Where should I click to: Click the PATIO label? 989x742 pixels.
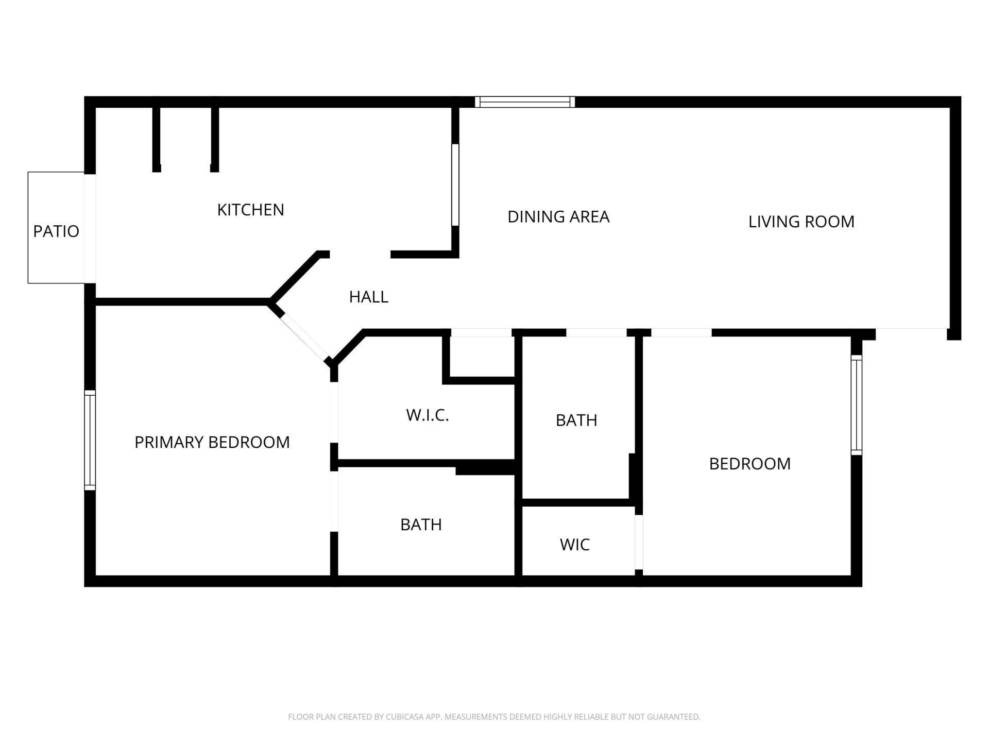click(x=56, y=231)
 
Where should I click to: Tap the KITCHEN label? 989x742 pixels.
click(x=250, y=210)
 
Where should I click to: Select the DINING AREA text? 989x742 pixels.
click(x=558, y=216)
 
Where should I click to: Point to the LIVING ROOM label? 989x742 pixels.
click(x=801, y=222)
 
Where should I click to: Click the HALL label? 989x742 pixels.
click(x=368, y=297)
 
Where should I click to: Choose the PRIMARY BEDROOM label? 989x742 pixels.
click(x=212, y=442)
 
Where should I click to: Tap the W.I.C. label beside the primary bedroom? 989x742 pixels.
click(x=428, y=415)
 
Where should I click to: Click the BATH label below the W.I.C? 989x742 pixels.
click(x=421, y=525)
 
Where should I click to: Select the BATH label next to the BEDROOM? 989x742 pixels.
click(x=576, y=420)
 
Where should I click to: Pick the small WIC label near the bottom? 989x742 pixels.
click(x=574, y=545)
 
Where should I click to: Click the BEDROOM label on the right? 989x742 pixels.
click(x=749, y=464)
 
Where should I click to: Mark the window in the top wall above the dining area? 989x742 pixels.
click(x=524, y=102)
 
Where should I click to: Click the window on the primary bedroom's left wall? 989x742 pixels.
click(x=90, y=440)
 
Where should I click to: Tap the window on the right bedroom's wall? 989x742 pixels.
click(x=856, y=405)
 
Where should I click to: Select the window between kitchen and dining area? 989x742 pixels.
click(x=455, y=184)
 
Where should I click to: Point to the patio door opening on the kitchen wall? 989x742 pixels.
click(x=90, y=228)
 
